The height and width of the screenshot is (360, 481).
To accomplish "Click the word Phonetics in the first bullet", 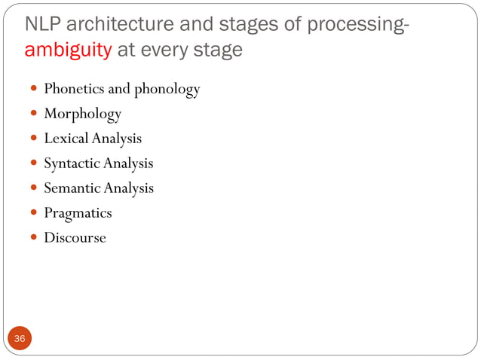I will point(74,90).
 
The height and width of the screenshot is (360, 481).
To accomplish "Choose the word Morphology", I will point(82,114).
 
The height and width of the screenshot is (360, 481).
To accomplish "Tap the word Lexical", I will point(65,139).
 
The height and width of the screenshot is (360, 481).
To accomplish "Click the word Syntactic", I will point(72,163).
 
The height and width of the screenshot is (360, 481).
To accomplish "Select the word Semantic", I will point(72,188).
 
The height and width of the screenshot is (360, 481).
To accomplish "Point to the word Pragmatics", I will point(78,213).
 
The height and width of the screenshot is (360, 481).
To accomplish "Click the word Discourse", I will point(75,238).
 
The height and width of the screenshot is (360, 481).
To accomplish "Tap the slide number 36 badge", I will point(20,339).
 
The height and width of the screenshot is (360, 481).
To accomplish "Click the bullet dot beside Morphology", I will point(35,114).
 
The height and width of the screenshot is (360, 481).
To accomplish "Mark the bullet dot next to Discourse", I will point(35,238).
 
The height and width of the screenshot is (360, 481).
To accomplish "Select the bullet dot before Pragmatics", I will point(35,213).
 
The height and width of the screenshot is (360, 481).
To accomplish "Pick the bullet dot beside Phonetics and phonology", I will point(35,90).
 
